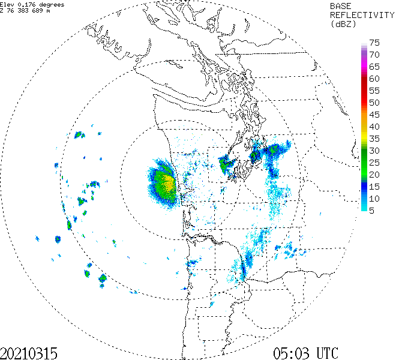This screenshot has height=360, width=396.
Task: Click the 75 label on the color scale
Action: (374, 43)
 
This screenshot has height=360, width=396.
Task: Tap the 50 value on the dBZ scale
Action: (374, 103)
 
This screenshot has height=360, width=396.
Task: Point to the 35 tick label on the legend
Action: (374, 139)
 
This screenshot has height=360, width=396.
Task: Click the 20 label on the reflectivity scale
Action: (374, 175)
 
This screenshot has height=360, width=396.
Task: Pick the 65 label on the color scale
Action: (374, 67)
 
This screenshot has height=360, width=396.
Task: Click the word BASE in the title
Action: (343, 5)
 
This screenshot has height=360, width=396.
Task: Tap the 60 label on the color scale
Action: (374, 79)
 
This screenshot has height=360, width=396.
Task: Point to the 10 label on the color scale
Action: (374, 199)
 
